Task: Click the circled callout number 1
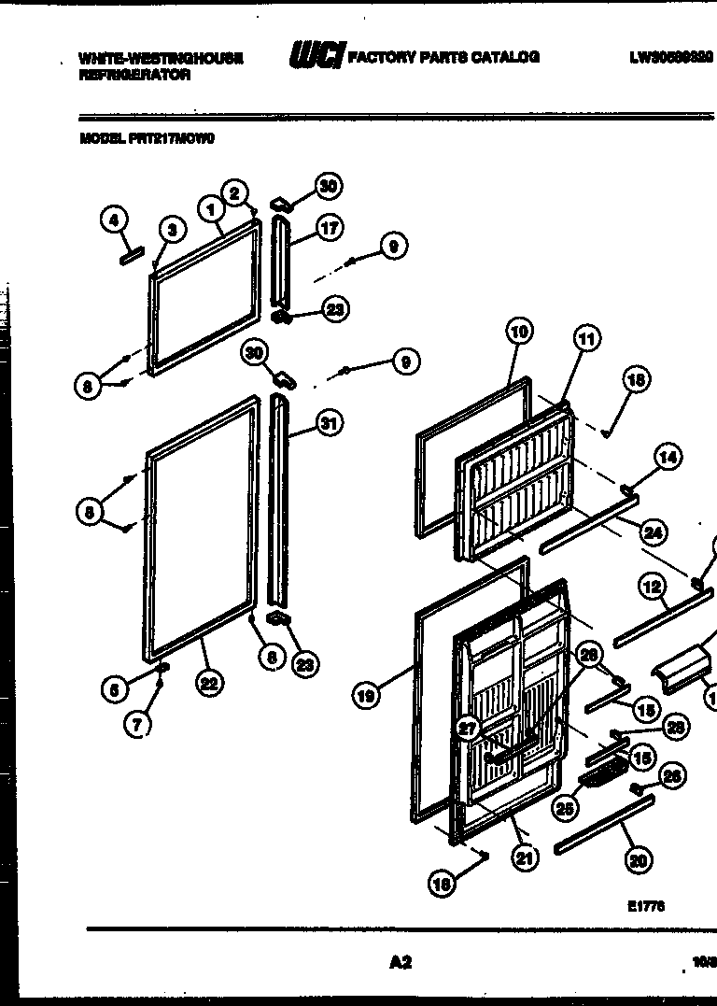pyautogui.click(x=213, y=210)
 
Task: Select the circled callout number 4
pyautogui.click(x=113, y=220)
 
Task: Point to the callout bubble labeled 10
pyautogui.click(x=520, y=330)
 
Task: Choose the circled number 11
pyautogui.click(x=586, y=339)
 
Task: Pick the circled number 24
pyautogui.click(x=654, y=532)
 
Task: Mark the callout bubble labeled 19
pyautogui.click(x=367, y=695)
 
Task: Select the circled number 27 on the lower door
pyautogui.click(x=468, y=729)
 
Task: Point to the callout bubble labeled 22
pyautogui.click(x=208, y=683)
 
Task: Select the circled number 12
pyautogui.click(x=653, y=587)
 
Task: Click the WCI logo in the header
pyautogui.click(x=316, y=57)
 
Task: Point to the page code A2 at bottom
pyautogui.click(x=400, y=962)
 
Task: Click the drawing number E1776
pyautogui.click(x=646, y=905)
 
